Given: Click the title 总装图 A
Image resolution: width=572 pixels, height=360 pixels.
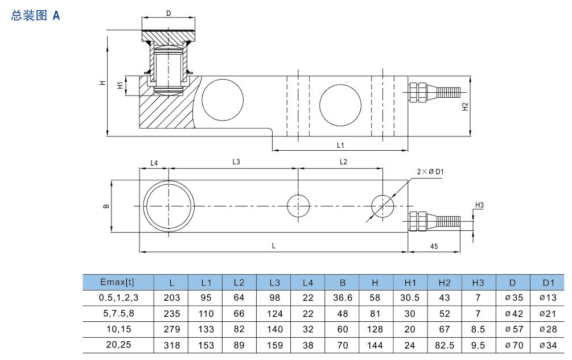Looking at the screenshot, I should click(35, 16).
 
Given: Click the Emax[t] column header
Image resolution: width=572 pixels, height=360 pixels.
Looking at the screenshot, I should click(118, 282).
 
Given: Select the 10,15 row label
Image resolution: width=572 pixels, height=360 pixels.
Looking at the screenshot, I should click(118, 329).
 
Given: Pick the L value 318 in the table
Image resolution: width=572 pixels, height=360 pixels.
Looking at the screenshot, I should click(171, 345).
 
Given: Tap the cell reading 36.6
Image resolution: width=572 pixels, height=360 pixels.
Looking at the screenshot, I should click(343, 297).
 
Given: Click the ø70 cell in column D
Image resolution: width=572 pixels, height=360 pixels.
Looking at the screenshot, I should click(513, 345).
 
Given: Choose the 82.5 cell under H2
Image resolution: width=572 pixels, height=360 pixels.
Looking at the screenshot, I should click(445, 345).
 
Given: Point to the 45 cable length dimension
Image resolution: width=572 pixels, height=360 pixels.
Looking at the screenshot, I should click(434, 246).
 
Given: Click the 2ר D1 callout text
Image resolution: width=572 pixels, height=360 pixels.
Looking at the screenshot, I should click(430, 171).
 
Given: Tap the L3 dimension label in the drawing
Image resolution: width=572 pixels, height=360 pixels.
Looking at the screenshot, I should click(236, 162).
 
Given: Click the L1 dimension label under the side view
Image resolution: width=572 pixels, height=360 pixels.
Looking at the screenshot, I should click(340, 145).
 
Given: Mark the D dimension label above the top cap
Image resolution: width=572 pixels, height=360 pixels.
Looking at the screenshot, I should click(168, 13).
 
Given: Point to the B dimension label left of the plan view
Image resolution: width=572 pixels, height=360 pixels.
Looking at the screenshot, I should click(106, 206).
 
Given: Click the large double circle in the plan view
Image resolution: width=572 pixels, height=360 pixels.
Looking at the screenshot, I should click(168, 205).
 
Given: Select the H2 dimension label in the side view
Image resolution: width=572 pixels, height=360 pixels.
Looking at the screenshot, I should click(465, 106).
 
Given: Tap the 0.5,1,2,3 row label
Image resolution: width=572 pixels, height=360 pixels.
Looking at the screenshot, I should click(118, 297).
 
